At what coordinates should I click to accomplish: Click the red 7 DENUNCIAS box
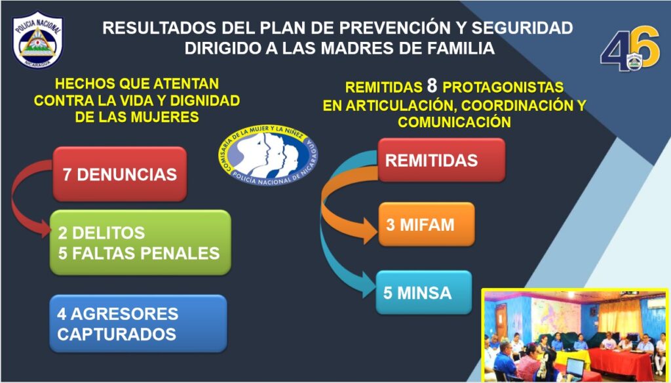click(120, 174)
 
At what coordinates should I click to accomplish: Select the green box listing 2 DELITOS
click(140, 243)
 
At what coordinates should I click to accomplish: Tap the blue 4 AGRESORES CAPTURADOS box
click(138, 323)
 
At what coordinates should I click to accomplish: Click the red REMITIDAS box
click(442, 160)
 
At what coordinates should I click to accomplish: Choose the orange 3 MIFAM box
click(427, 224)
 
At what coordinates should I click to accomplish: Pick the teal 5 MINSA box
click(424, 292)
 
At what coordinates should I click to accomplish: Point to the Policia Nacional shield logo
click(37, 40)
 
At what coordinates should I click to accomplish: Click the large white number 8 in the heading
click(432, 86)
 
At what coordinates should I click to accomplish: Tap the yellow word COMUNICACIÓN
click(454, 122)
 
